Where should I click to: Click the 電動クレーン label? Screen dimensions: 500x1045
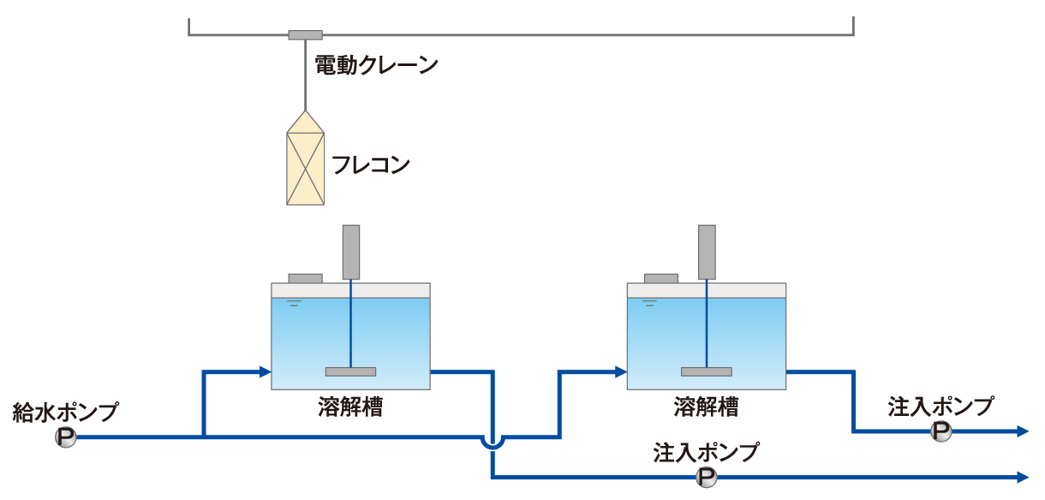coord(377,66)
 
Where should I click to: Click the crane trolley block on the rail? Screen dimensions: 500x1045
coord(305,35)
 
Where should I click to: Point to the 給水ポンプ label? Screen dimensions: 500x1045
coord(66,412)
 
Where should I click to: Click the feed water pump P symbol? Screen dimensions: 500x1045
coord(66,438)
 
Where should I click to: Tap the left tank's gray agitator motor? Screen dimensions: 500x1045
coord(351,252)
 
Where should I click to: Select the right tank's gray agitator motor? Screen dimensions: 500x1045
coord(707,252)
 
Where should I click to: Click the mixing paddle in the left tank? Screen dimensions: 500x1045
coord(350,371)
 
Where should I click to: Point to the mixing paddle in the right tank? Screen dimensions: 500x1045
coord(706,371)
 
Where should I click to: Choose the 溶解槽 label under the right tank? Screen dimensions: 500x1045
coord(706,407)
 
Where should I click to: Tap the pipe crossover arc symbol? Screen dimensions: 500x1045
coord(493,443)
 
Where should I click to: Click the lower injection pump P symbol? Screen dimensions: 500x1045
coord(707,477)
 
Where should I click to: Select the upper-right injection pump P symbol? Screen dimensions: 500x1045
coord(940,432)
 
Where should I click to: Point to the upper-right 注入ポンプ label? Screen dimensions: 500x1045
coord(940,406)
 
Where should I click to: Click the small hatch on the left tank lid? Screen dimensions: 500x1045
coord(305,278)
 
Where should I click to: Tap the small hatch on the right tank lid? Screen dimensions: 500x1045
coord(660,278)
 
